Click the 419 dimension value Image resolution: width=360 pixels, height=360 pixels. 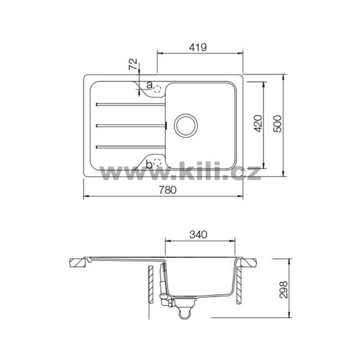(198, 47)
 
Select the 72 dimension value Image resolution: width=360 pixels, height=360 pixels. (133, 64)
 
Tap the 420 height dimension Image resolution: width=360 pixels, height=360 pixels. (258, 123)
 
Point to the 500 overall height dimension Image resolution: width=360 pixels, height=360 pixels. (278, 123)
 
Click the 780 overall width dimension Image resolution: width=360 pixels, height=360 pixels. (167, 190)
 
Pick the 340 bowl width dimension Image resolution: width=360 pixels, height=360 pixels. (198, 234)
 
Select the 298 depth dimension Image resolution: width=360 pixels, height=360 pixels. (283, 289)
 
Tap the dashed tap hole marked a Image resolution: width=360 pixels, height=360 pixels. (157, 89)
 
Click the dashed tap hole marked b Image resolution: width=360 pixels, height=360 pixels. (157, 162)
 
